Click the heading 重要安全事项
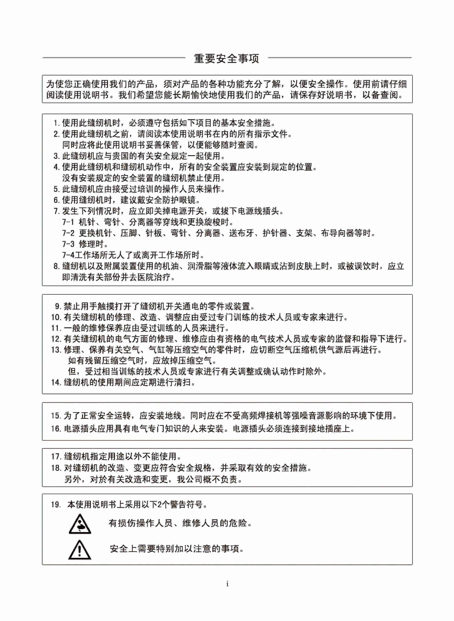tap(226, 58)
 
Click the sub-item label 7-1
tap(68, 222)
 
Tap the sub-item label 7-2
tap(68, 233)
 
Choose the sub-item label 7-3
tap(68, 244)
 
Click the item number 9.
tap(58, 306)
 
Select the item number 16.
tap(56, 429)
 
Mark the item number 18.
tap(56, 468)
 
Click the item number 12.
tap(56, 339)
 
